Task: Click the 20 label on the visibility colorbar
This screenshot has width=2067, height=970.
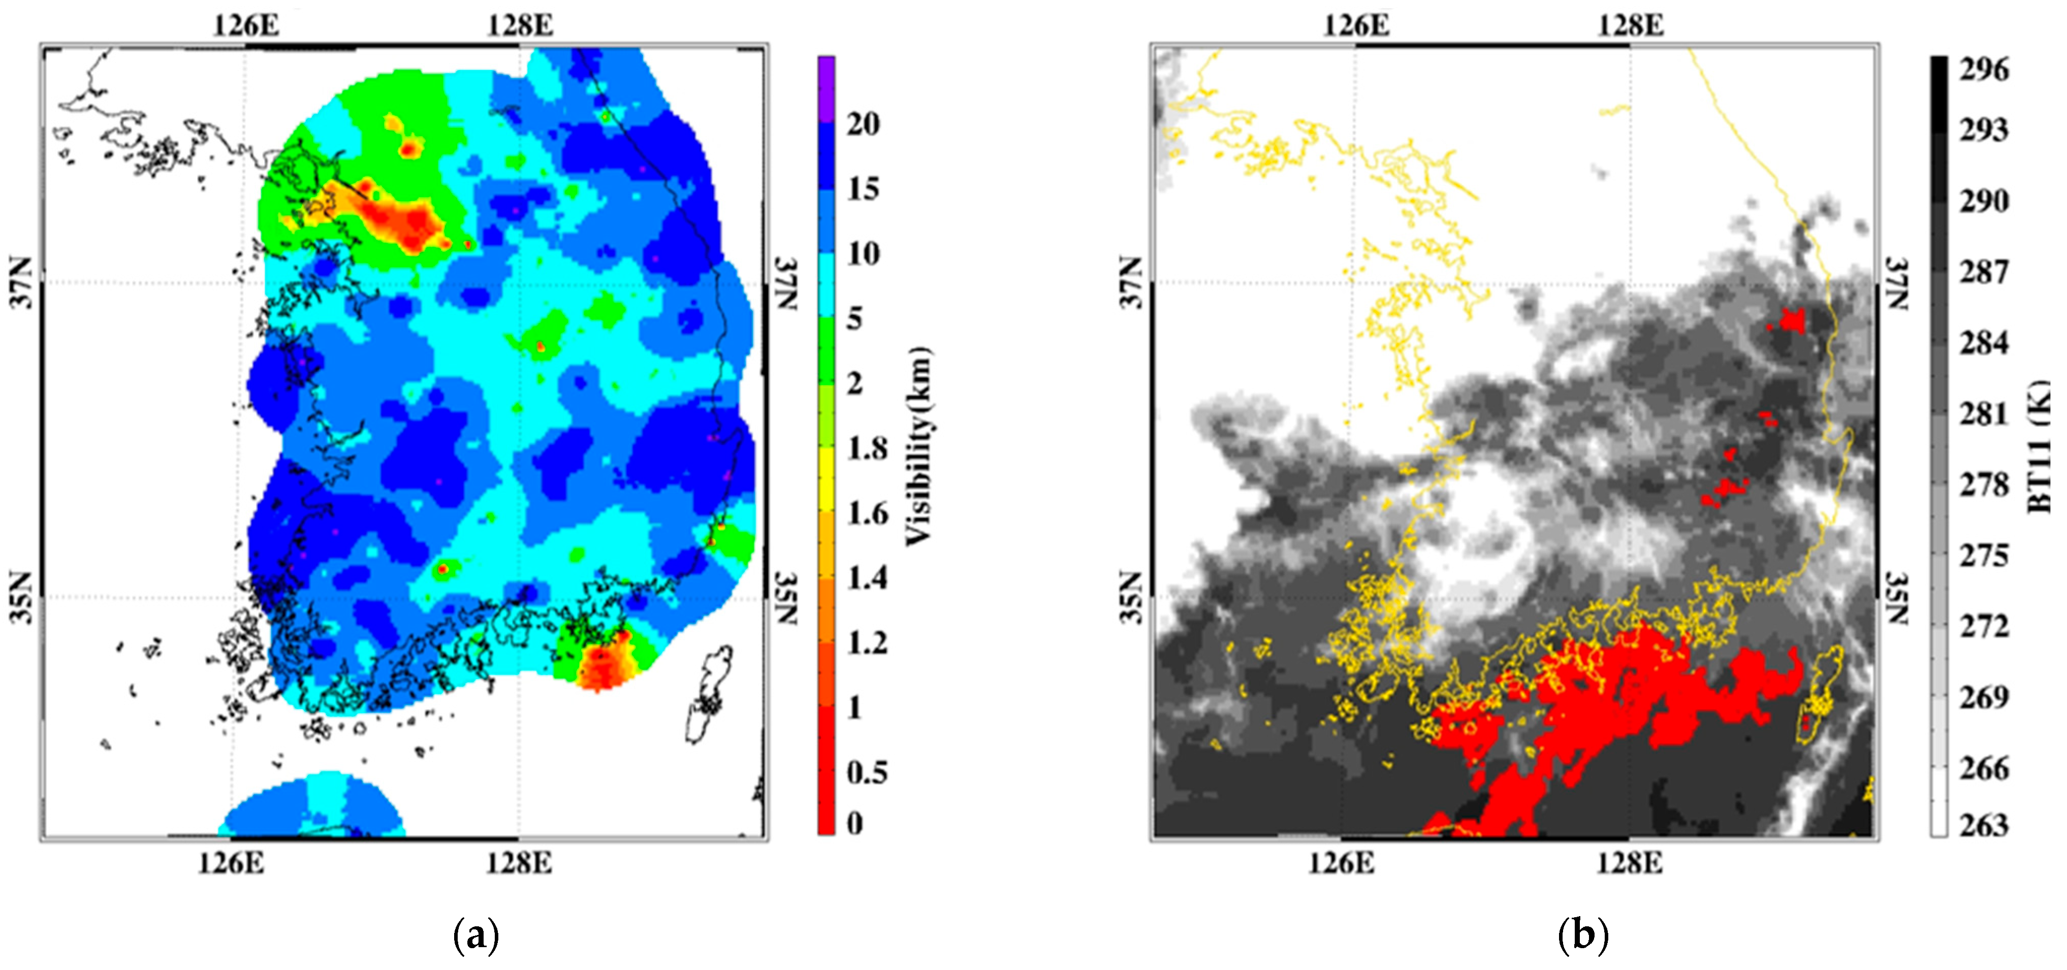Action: (864, 124)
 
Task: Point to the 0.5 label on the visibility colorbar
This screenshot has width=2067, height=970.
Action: (867, 772)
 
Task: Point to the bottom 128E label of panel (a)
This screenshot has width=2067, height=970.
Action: (518, 864)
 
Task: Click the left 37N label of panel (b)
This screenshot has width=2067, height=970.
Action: (1131, 282)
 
